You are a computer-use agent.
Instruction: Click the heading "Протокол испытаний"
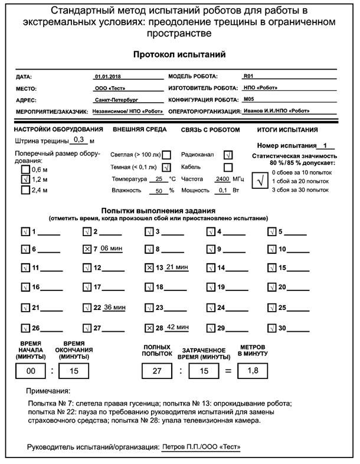[179, 54]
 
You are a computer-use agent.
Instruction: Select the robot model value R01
[248, 77]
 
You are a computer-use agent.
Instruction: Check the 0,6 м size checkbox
[25, 169]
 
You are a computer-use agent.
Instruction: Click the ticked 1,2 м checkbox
[25, 179]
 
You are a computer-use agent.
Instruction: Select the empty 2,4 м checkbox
[25, 190]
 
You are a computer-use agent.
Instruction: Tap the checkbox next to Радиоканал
[228, 155]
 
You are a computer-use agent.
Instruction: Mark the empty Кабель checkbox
[228, 167]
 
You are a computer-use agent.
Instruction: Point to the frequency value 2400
[222, 179]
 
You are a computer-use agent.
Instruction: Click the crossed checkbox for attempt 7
[87, 250]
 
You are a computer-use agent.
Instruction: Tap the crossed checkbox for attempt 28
[149, 328]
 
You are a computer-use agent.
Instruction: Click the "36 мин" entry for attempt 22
[115, 308]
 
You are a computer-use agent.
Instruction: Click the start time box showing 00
[28, 371]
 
